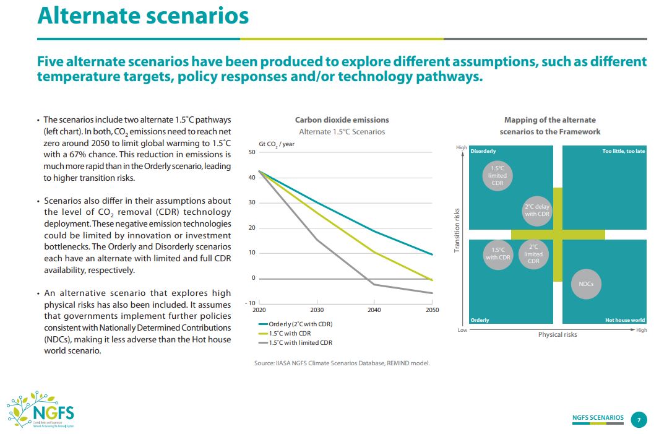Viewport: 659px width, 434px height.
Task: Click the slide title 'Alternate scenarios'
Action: coord(143,16)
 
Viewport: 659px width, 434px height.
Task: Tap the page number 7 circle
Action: coord(639,419)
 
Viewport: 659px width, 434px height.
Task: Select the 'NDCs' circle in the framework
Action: coord(586,284)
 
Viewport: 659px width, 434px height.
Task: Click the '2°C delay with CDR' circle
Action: coord(536,210)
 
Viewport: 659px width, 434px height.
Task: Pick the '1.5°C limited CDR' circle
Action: coord(497,175)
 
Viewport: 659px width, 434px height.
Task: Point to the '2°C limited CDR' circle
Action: coord(533,254)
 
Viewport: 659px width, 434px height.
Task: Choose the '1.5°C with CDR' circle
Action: coord(497,254)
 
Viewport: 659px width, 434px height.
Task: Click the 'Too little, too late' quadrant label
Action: coord(623,151)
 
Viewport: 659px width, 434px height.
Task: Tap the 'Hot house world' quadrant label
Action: coord(624,320)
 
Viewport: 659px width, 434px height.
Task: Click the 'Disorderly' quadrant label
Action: coord(483,151)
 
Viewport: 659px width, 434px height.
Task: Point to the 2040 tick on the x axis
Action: coord(374,310)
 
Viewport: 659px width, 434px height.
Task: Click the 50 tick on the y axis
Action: coord(252,152)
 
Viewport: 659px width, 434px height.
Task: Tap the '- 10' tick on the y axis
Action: coord(250,303)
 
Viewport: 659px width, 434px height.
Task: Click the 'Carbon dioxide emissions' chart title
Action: coord(342,119)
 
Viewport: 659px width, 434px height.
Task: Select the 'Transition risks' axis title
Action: coord(457,230)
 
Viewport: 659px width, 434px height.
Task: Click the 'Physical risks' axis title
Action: coord(558,334)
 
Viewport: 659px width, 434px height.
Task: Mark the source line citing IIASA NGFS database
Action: coord(342,363)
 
